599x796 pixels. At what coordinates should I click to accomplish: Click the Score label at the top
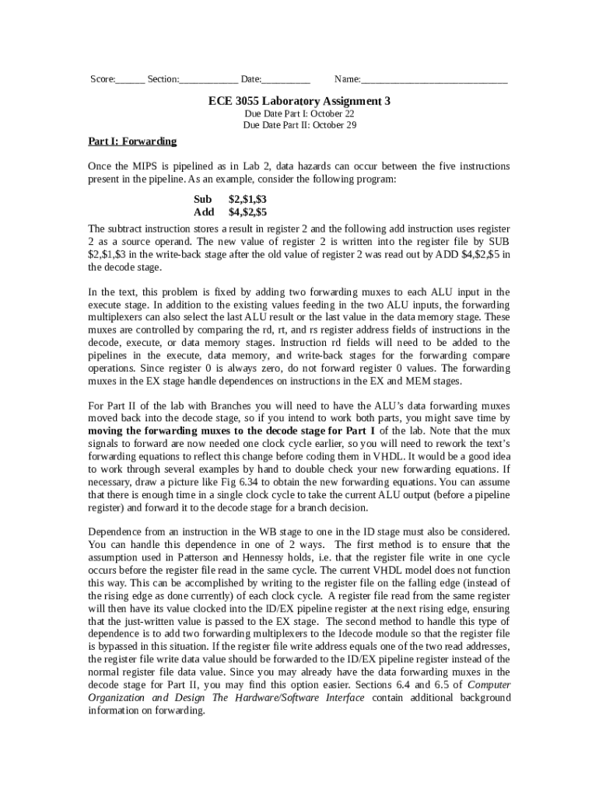click(102, 79)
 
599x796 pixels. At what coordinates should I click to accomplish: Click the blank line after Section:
click(208, 80)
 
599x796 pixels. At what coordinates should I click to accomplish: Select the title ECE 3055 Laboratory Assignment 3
click(299, 101)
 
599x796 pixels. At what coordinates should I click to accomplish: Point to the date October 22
click(332, 113)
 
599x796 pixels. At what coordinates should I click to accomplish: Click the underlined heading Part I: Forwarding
click(132, 141)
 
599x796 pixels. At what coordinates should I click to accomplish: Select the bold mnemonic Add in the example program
click(204, 211)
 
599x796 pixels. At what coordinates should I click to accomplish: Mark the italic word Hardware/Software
click(298, 697)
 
